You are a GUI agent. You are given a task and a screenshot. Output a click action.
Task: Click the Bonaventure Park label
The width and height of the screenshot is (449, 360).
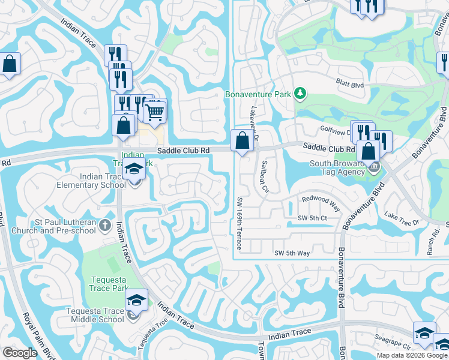click(258, 94)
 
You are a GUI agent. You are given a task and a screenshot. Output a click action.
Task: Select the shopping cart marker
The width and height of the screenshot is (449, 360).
click(155, 112)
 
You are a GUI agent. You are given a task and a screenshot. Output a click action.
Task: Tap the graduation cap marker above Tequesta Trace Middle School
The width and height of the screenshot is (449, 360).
click(137, 301)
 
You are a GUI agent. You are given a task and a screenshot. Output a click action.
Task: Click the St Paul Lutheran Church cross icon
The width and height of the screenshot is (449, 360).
click(105, 226)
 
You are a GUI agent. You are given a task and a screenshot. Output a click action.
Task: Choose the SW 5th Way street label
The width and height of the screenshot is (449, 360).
click(292, 253)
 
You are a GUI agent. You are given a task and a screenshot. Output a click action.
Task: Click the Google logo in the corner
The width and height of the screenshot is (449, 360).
click(20, 353)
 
